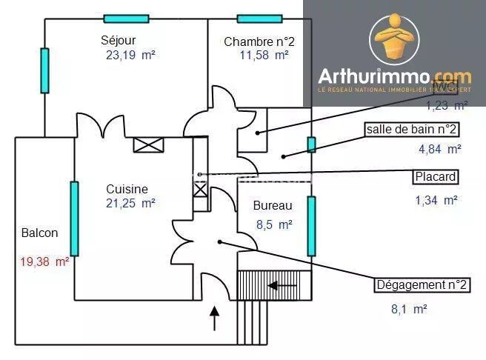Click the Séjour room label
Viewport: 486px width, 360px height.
click(119, 40)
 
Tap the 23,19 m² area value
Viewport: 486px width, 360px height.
click(131, 54)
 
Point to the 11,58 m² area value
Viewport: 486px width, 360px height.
click(264, 54)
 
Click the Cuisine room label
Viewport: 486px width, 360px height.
click(127, 189)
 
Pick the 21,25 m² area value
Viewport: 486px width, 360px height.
click(130, 202)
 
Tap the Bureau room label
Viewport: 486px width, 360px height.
click(272, 205)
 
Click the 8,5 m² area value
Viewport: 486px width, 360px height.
click(273, 224)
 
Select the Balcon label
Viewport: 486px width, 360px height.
click(40, 233)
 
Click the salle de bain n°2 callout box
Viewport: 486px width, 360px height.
click(411, 130)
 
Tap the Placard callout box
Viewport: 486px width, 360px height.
click(435, 177)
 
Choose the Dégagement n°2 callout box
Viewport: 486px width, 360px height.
click(422, 286)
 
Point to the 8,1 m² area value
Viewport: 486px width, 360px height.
click(409, 309)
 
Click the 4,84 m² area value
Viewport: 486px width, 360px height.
click(440, 148)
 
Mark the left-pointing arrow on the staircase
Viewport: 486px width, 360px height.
click(282, 284)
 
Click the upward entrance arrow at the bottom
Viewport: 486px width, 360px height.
click(216, 319)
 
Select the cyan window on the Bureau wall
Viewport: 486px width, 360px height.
click(312, 225)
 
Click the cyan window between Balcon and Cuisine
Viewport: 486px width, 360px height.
click(74, 219)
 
